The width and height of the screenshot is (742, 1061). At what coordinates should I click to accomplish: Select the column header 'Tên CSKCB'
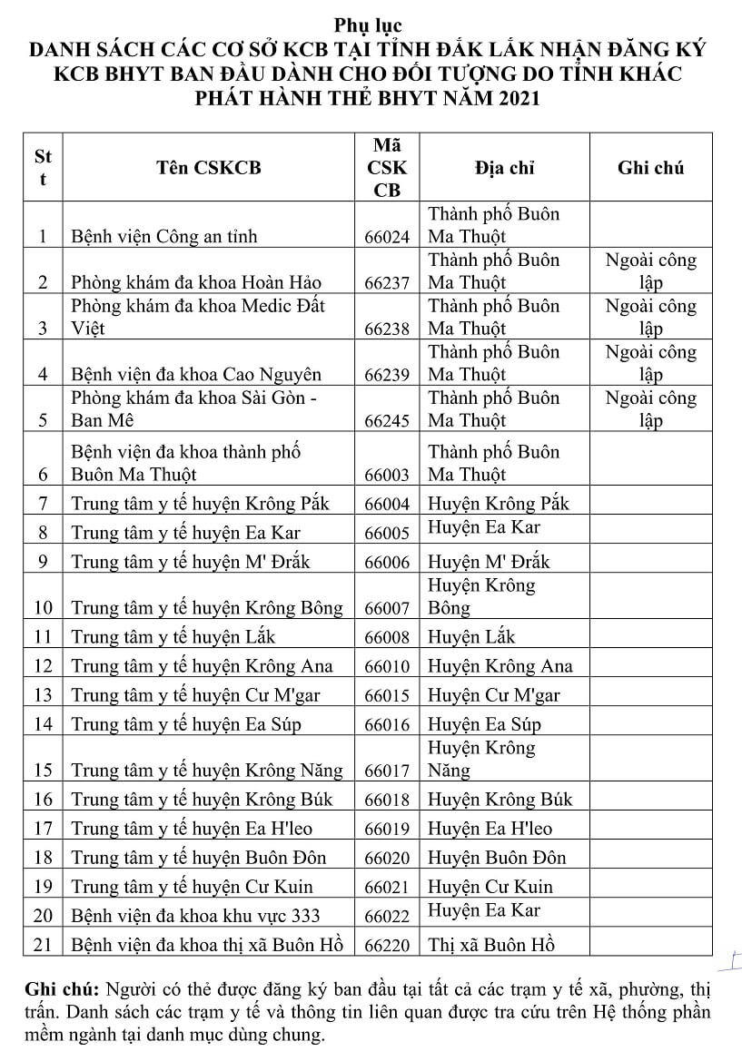[208, 168]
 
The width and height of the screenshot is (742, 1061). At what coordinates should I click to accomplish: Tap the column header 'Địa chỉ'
[504, 168]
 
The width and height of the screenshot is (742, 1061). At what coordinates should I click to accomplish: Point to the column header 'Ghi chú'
[650, 168]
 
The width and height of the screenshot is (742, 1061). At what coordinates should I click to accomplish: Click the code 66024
[387, 238]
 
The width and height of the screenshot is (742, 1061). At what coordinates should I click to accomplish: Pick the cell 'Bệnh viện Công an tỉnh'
[164, 238]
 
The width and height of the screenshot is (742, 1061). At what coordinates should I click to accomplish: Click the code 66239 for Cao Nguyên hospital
[387, 375]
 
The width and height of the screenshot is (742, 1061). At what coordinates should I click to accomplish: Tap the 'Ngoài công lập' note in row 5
[650, 409]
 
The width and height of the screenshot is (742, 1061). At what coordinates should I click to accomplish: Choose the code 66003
[387, 475]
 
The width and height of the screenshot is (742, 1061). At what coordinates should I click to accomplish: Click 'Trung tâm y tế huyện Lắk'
[172, 637]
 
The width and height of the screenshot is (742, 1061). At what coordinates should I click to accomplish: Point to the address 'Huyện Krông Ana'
[500, 666]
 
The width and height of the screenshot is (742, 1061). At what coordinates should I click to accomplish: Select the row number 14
[43, 724]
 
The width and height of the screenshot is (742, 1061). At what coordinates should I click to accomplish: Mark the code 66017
[387, 771]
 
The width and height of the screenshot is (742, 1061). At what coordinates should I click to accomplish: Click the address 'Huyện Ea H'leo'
[490, 829]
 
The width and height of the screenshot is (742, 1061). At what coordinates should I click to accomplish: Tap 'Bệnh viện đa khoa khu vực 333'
[196, 916]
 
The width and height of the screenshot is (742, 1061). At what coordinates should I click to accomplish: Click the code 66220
[387, 945]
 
